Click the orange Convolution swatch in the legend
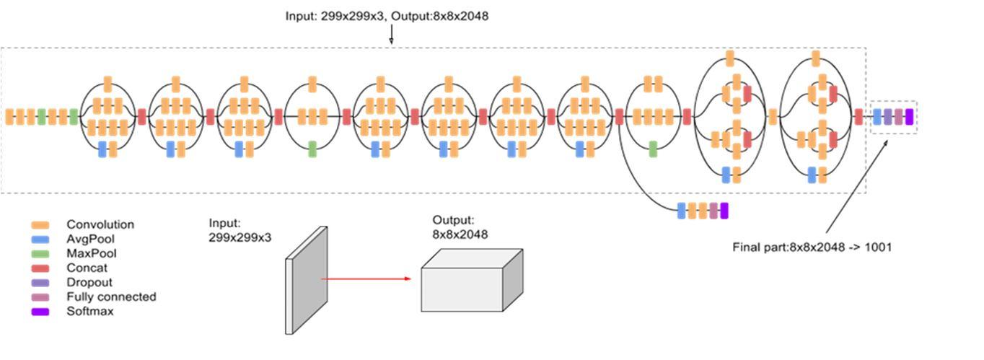click(x=40, y=225)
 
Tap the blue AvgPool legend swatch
click(x=40, y=240)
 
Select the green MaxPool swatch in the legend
click(x=40, y=254)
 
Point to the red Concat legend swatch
click(x=40, y=268)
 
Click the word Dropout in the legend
click(x=89, y=283)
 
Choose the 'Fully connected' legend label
click(x=111, y=297)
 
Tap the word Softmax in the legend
click(x=90, y=312)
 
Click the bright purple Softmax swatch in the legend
click(x=40, y=312)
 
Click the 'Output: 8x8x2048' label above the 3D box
click(x=460, y=227)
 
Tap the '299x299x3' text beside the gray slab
click(x=240, y=237)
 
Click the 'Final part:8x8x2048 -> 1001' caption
click(x=812, y=247)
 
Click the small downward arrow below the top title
click(x=392, y=35)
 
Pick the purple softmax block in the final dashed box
click(x=909, y=117)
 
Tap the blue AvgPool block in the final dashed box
click(x=877, y=117)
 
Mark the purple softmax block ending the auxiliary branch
click(x=724, y=211)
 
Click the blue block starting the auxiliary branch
click(x=682, y=211)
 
